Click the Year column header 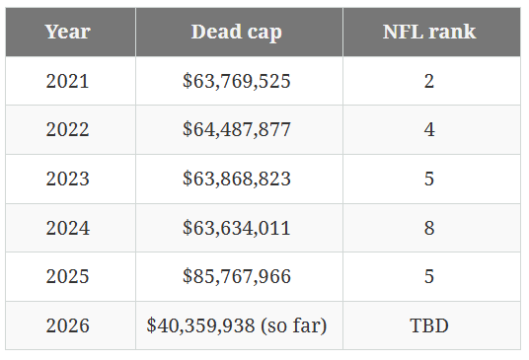67,32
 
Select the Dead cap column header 237,32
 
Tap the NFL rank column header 429,32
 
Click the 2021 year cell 67,81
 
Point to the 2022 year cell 67,130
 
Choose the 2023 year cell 67,179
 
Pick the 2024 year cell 67,228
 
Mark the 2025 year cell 67,276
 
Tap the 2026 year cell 67,325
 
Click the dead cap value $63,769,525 237,81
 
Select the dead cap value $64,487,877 237,130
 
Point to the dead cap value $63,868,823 237,179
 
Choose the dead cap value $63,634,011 237,228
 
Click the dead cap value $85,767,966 237,276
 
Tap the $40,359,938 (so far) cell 237,325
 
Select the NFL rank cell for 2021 429,81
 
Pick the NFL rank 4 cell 429,130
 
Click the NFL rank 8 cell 429,228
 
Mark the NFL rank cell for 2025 429,276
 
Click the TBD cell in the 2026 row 429,325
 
